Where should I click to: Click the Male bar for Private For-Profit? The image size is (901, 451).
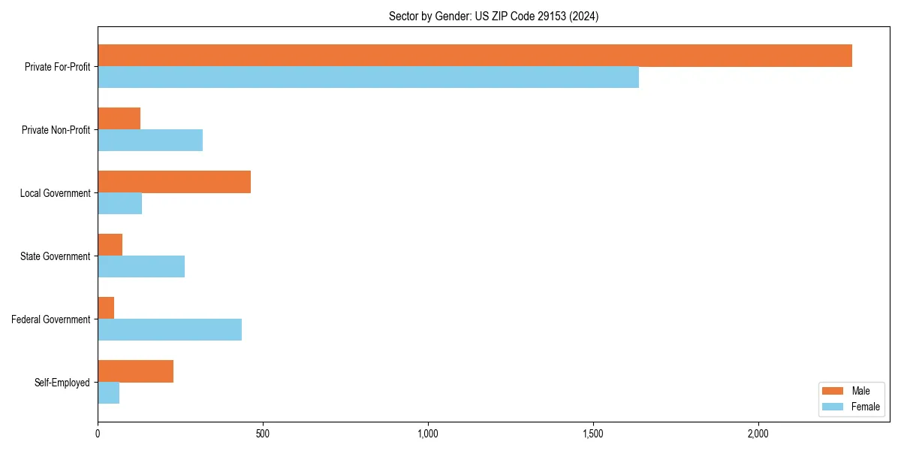(x=475, y=56)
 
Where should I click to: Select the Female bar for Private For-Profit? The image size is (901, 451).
(x=368, y=77)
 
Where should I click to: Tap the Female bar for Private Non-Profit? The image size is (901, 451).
(x=150, y=141)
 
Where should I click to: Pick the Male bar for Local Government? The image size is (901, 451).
(x=174, y=182)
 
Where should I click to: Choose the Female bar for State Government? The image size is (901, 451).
(x=141, y=267)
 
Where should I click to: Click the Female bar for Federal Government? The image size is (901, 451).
(x=170, y=330)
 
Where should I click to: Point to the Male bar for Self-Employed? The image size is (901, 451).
(x=135, y=371)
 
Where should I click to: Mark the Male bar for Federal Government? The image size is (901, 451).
(x=106, y=308)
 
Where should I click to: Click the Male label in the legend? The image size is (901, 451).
(x=860, y=391)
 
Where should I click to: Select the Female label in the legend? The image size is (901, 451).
(x=865, y=407)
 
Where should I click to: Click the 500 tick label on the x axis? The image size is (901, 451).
(x=263, y=434)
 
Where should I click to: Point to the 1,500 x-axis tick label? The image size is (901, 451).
(x=593, y=434)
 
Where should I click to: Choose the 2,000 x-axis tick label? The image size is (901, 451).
(x=758, y=434)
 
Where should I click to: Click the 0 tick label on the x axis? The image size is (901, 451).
(x=98, y=434)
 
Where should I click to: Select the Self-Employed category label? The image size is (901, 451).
(x=62, y=383)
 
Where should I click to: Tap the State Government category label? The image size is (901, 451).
(x=55, y=256)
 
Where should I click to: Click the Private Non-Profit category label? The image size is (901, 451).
(x=56, y=130)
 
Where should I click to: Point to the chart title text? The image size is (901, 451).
(x=493, y=16)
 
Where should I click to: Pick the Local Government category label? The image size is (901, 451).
(x=55, y=193)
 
